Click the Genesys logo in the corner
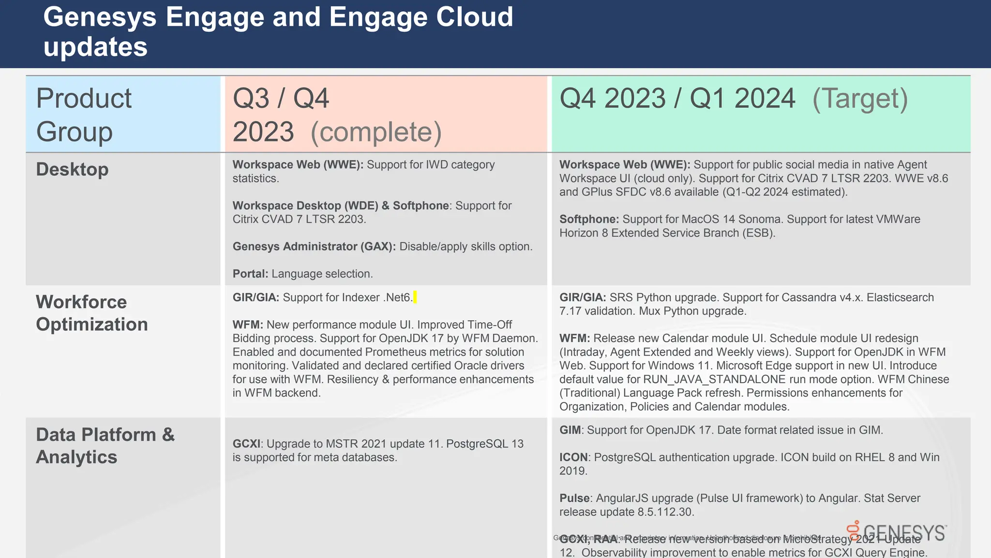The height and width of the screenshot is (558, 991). coord(897,532)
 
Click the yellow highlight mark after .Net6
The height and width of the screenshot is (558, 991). coord(415,297)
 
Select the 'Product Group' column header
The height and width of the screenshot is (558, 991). coord(84,115)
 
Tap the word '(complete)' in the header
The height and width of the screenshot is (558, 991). coord(376,132)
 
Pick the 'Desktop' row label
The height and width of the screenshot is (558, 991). coord(72,170)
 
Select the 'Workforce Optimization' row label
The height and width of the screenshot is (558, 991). coord(91,313)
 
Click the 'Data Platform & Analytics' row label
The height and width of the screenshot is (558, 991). coord(105,446)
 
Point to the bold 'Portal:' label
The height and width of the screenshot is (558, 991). coord(250,274)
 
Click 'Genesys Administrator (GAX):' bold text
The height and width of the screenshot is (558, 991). coord(314,247)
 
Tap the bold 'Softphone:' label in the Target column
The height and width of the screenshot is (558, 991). coord(589,219)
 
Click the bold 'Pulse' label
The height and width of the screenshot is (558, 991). coord(574,498)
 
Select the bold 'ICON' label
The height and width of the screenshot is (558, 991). coord(573,457)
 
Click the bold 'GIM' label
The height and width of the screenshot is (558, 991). coord(570,430)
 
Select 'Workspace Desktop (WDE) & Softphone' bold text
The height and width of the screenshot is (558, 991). coord(341,206)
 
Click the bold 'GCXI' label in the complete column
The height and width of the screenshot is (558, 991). coord(246,444)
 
